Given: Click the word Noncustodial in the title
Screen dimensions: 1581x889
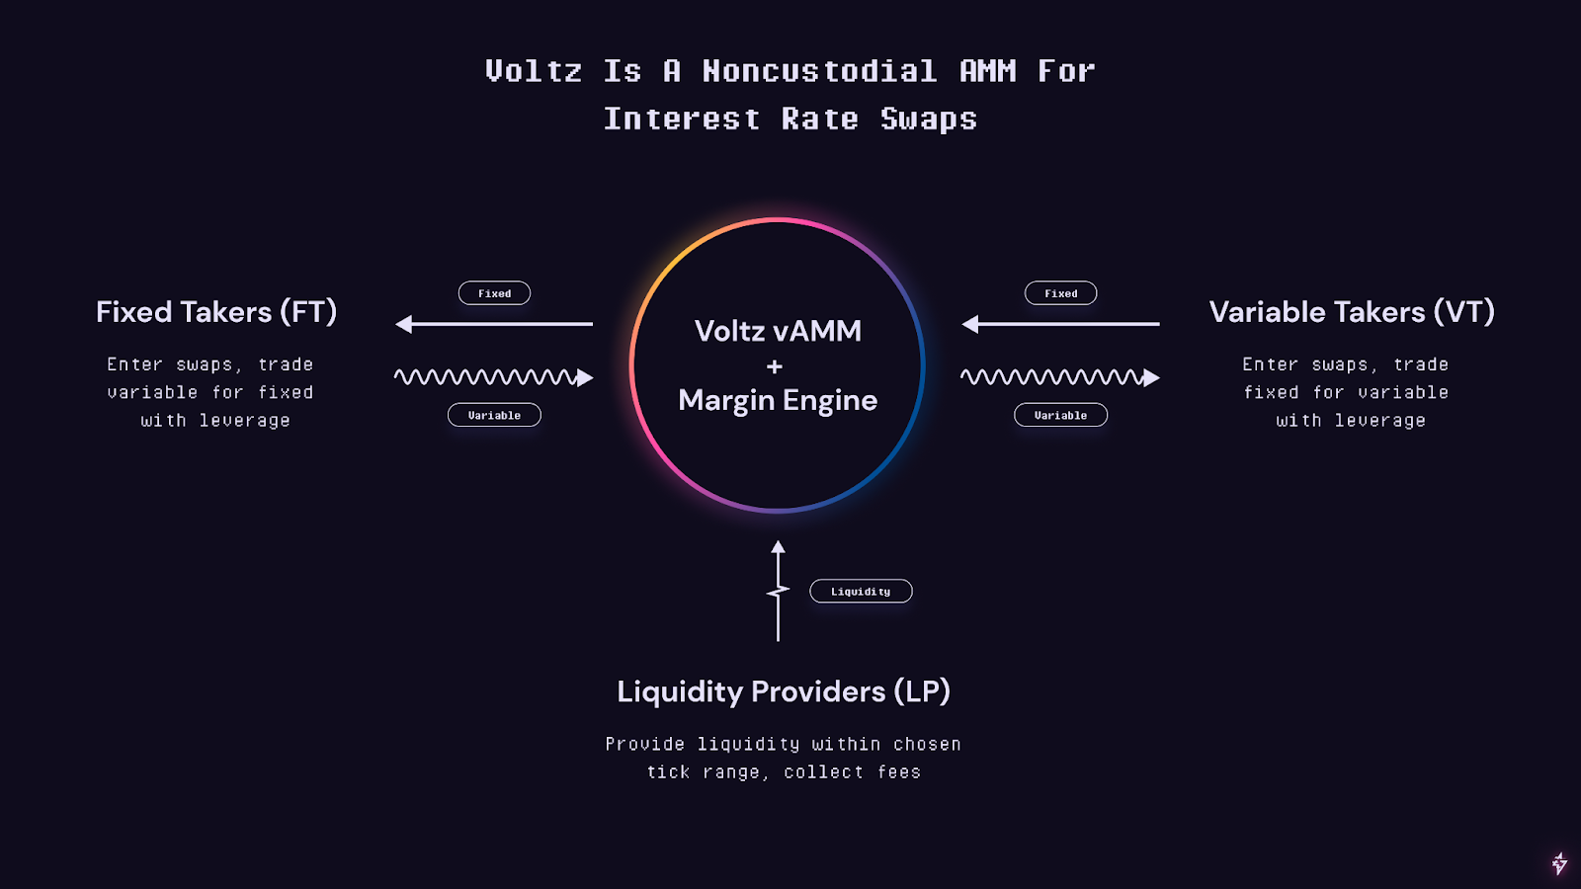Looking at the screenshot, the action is click(819, 70).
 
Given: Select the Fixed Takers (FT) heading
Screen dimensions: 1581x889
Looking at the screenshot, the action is click(216, 312).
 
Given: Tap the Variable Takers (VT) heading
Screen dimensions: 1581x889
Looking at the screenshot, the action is click(1352, 312).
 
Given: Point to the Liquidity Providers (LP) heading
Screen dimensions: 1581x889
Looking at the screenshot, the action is click(784, 691).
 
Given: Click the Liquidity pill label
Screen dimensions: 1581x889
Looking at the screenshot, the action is click(861, 592).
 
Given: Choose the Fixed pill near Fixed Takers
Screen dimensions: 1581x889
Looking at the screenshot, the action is click(494, 293).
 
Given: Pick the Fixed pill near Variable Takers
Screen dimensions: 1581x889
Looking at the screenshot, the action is click(1061, 293).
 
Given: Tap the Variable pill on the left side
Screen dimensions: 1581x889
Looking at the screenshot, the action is click(494, 415).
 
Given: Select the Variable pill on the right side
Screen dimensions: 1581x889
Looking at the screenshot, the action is click(1061, 415).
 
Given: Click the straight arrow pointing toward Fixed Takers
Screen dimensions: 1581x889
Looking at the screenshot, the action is click(494, 324).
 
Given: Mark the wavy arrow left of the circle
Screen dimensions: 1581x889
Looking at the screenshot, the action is click(494, 377).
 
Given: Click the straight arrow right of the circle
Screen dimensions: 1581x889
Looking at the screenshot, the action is click(1060, 324).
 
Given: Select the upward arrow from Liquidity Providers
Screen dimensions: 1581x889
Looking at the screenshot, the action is click(778, 592).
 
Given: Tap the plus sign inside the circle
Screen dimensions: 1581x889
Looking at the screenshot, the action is click(775, 366).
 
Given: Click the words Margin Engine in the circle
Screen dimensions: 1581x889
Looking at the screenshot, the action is click(778, 401).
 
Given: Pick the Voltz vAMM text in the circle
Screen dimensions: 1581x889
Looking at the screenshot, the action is click(778, 331).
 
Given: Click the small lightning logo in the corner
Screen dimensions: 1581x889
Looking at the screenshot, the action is click(1560, 863).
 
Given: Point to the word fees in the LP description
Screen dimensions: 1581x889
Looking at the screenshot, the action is click(899, 771).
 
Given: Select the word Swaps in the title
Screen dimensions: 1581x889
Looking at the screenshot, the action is click(929, 119).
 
